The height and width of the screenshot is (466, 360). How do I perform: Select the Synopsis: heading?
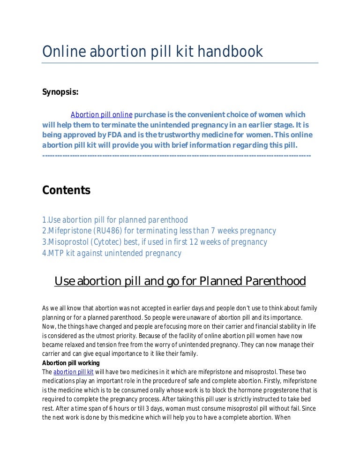point(60,92)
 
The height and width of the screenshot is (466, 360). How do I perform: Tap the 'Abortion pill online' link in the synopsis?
point(101,115)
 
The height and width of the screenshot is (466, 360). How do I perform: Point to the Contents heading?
point(66,190)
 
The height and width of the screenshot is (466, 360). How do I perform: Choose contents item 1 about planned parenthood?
point(115,220)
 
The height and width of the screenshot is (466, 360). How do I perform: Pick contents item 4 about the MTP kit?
point(112,254)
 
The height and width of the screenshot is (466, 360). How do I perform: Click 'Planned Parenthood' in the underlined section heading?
point(253,281)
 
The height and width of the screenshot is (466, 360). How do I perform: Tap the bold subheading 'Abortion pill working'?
point(71,363)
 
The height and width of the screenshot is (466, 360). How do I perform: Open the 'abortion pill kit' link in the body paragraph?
point(74,372)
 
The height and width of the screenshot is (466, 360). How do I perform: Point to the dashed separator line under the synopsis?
point(176,155)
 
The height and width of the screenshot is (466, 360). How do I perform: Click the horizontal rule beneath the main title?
point(180,63)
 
